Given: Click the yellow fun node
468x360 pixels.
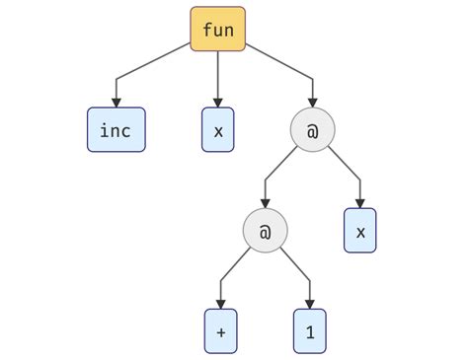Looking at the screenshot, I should point(217,30).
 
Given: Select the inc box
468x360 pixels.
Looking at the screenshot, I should point(116,130).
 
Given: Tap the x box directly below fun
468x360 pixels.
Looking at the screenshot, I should point(217,130).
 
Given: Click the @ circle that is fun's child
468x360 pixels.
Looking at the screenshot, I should point(312,130).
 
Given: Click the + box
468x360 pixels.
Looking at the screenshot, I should point(220,331).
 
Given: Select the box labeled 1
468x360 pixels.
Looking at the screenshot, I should point(309,331).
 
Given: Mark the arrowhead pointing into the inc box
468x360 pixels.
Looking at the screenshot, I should point(116,102).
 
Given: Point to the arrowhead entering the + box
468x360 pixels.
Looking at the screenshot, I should point(220,303).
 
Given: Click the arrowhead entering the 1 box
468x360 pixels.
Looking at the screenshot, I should point(309,303).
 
